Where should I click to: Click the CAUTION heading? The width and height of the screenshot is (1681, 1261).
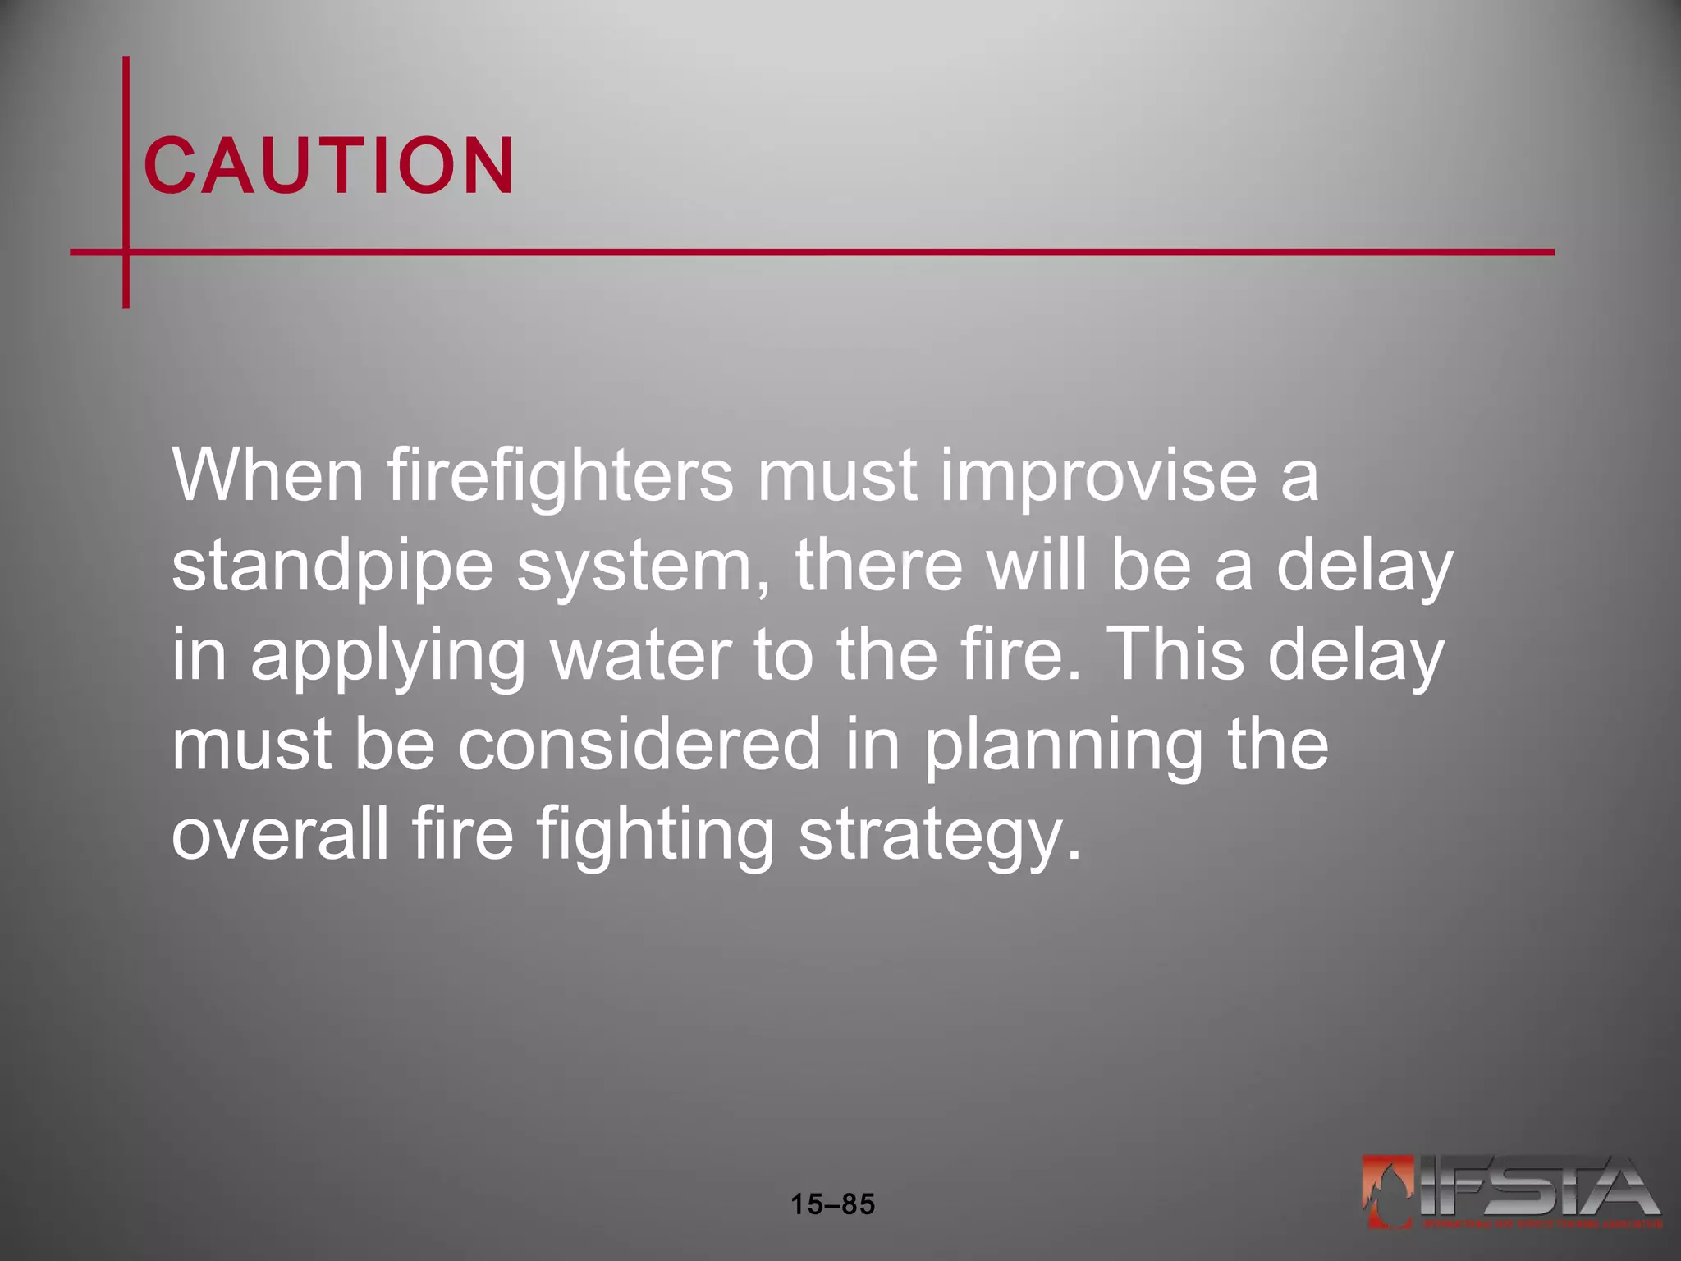pos(329,166)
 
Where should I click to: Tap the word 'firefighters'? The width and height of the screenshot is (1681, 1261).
pos(560,475)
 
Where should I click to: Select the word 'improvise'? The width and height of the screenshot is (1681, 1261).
pos(1098,475)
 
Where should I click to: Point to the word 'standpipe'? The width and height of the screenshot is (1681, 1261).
pos(332,566)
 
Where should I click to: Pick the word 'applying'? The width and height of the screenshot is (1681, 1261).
pos(387,656)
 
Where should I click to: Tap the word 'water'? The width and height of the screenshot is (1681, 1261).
pos(641,656)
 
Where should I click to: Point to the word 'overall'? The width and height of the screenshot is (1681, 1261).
pos(280,833)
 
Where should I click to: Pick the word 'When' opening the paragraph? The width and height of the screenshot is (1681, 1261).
pos(268,475)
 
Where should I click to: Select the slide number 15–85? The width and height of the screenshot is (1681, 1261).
pos(832,1204)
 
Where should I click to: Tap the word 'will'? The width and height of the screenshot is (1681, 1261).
pos(1037,566)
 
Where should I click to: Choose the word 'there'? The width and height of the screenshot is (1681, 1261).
pos(878,566)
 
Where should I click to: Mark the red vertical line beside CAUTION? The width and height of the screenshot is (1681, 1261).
pos(126,181)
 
